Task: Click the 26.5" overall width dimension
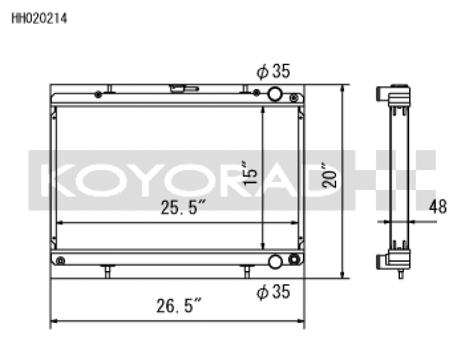tap(179, 304)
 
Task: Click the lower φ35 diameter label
tap(273, 292)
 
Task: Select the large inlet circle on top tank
tap(276, 94)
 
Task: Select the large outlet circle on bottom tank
tap(276, 261)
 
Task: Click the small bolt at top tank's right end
tap(295, 97)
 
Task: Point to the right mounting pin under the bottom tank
tap(246, 269)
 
